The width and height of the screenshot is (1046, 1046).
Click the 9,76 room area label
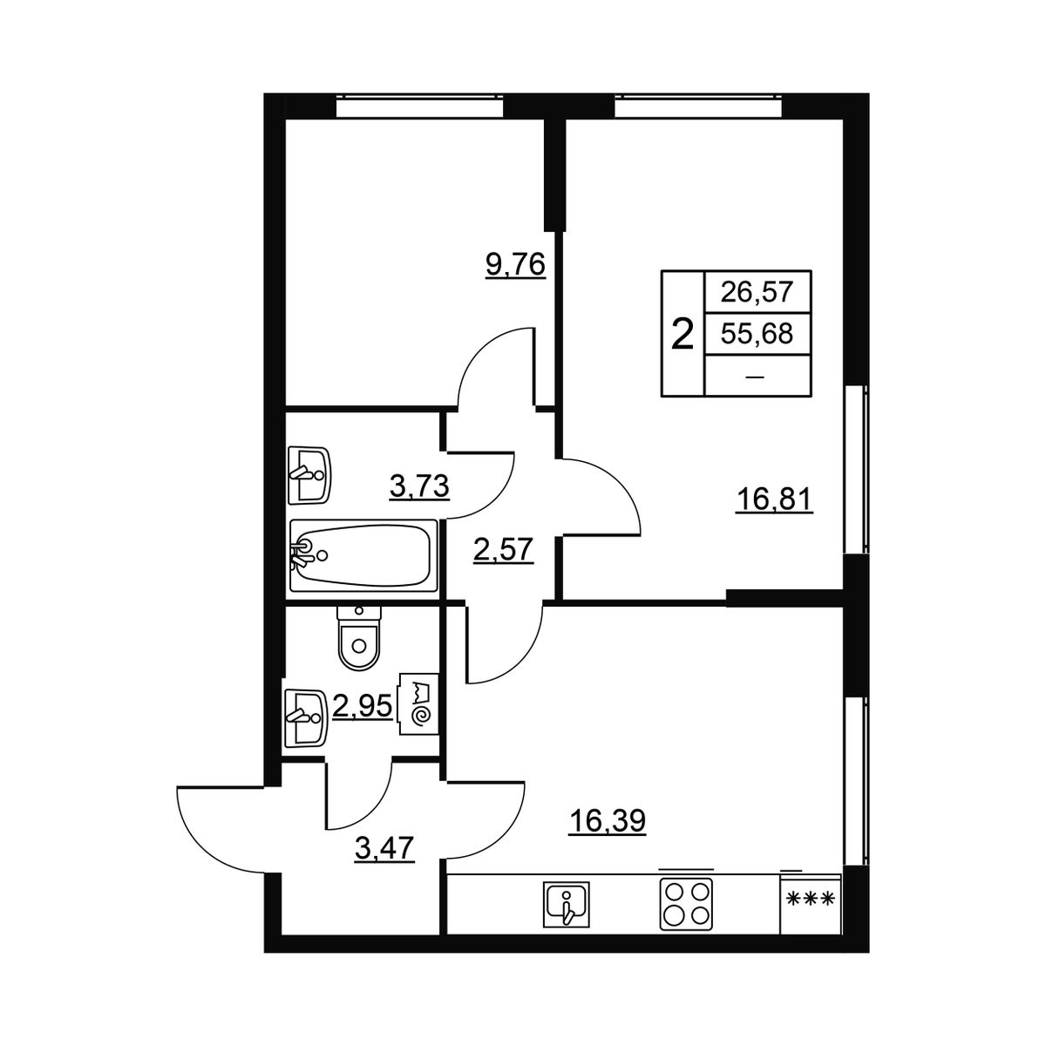tap(514, 266)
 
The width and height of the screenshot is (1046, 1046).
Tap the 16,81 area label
tap(774, 499)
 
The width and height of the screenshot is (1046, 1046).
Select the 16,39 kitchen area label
tap(607, 821)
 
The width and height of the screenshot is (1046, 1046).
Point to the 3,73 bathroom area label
tap(419, 486)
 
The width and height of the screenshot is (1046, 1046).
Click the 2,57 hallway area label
tap(503, 550)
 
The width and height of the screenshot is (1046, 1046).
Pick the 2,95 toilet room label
tap(362, 706)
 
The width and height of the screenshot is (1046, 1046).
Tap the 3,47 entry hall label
tap(384, 848)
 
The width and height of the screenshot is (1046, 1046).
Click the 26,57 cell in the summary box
tap(757, 292)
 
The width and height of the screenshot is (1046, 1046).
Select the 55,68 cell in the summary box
tap(757, 334)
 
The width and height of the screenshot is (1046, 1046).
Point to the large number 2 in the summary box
tap(683, 333)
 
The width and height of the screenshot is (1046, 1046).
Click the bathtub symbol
tap(363, 554)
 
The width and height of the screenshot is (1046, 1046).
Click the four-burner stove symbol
tap(686, 904)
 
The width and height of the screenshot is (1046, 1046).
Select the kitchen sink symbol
tap(567, 904)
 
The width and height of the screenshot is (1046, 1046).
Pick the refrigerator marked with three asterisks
tap(810, 903)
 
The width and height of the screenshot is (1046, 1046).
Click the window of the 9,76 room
tap(419, 105)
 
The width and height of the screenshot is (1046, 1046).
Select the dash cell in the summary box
tap(757, 376)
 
